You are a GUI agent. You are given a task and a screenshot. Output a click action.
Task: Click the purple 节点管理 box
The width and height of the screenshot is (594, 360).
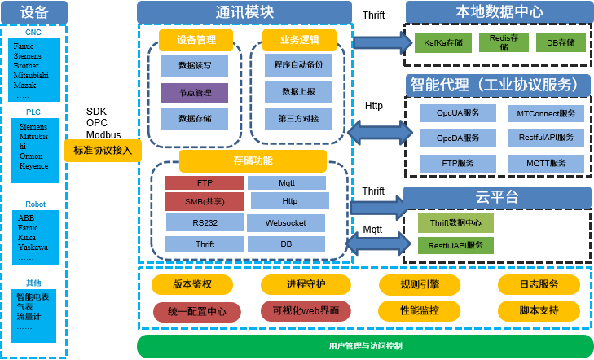[x=195, y=93]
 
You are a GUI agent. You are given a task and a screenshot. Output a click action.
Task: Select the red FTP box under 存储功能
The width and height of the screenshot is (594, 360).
[x=205, y=182]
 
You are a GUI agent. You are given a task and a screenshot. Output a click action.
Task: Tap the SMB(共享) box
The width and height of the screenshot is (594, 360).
[x=205, y=201]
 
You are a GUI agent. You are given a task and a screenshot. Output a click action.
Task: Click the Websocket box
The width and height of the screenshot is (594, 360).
[x=286, y=223]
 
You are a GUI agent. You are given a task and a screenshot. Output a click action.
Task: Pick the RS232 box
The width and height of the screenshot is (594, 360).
[x=205, y=222]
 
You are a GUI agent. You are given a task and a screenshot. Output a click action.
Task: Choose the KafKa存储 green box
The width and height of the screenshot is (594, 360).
[x=442, y=43]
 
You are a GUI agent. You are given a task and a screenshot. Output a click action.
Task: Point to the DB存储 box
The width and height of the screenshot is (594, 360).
[x=561, y=43]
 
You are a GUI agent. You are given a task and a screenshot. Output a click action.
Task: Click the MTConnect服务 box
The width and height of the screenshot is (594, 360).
[x=546, y=113]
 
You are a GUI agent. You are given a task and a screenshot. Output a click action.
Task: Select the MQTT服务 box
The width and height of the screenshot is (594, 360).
[x=546, y=164]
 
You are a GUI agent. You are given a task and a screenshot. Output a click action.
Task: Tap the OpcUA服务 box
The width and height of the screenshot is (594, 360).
[x=458, y=113]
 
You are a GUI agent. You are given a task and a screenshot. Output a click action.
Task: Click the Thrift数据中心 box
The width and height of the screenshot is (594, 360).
[x=455, y=223]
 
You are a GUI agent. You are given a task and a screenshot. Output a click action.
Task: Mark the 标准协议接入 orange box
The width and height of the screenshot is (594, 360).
[x=103, y=151]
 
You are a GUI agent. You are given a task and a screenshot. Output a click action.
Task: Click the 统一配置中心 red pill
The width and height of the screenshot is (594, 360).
[x=197, y=312]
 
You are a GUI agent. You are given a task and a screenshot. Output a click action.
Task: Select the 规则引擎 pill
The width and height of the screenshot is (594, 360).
[x=420, y=285]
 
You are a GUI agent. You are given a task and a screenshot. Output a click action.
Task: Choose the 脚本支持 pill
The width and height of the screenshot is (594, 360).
[x=539, y=311]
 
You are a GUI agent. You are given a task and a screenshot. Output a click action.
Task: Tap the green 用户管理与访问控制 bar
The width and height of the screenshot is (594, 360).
[x=365, y=346]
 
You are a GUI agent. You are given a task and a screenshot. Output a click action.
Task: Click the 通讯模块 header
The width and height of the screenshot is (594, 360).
[x=244, y=12]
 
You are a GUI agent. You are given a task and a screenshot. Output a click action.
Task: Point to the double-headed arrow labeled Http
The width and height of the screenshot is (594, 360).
[x=380, y=133]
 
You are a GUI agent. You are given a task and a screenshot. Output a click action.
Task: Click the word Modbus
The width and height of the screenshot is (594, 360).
[x=103, y=134]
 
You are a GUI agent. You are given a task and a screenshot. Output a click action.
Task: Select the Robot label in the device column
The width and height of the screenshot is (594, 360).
[x=35, y=204]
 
